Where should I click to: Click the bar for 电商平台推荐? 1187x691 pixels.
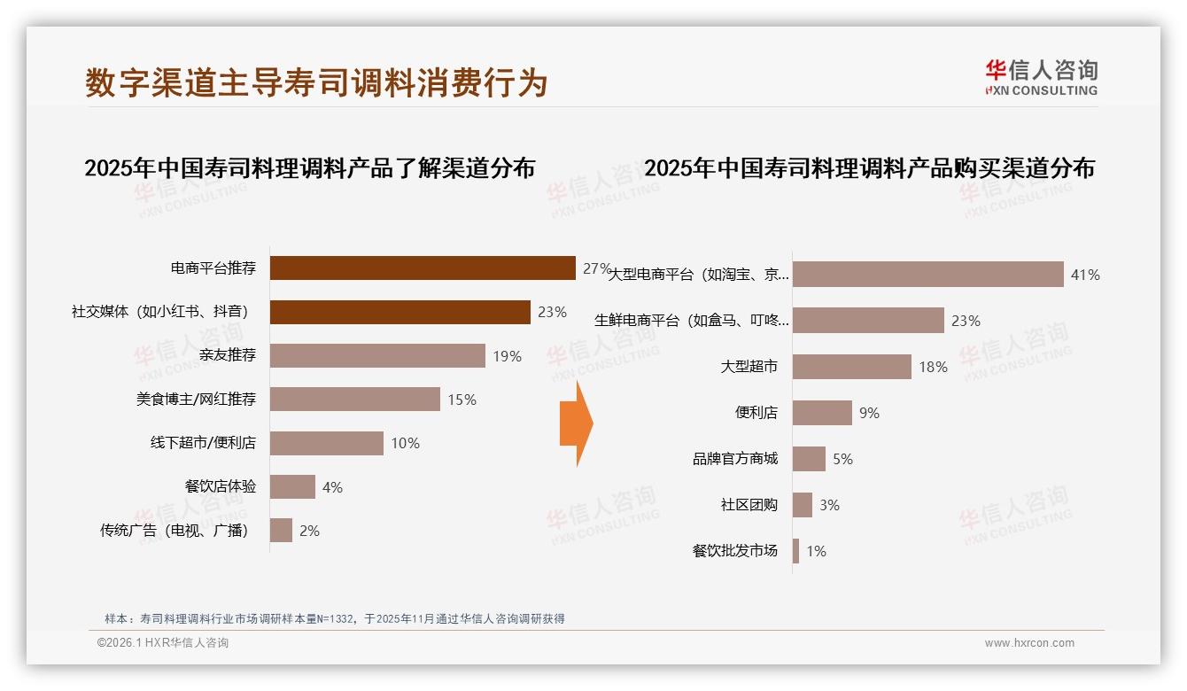(x=423, y=268)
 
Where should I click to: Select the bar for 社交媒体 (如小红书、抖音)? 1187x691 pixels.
(x=400, y=312)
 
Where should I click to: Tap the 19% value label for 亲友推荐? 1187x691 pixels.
(x=508, y=356)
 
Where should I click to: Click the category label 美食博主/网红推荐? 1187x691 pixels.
(x=196, y=400)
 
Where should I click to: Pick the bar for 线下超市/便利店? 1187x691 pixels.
(x=326, y=443)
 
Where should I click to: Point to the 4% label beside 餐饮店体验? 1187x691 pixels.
(x=332, y=487)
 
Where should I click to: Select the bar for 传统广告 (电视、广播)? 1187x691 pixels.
(x=281, y=531)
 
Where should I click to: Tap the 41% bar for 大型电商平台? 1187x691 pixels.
(x=927, y=275)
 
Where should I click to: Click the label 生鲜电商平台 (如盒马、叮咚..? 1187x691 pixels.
(x=692, y=321)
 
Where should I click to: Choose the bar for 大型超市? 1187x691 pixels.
(x=851, y=367)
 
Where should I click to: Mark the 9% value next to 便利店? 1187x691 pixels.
(x=869, y=413)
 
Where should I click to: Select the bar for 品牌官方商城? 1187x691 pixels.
(x=809, y=459)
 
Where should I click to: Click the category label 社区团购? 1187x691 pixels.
(x=749, y=505)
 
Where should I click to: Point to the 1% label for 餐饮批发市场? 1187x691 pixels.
(x=816, y=551)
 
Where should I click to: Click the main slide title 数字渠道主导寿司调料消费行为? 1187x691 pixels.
(x=316, y=82)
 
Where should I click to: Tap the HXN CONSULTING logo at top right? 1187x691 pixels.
(x=1041, y=78)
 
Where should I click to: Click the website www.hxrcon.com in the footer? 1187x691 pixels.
(x=1029, y=643)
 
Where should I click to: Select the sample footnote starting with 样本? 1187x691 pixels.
(x=335, y=619)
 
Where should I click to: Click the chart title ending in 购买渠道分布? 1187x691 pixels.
(x=869, y=168)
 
